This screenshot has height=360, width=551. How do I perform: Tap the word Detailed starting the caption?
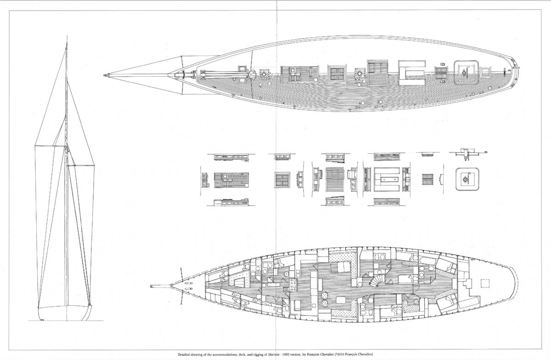[183, 354]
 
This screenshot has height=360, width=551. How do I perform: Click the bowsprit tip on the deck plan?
[104, 75]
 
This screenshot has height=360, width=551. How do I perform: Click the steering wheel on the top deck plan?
[465, 73]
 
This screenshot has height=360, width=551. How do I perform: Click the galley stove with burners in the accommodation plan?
[293, 285]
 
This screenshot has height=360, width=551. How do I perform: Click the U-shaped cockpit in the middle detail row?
[387, 180]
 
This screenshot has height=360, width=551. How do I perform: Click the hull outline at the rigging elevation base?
[65, 313]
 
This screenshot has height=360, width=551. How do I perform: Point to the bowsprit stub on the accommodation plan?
[160, 286]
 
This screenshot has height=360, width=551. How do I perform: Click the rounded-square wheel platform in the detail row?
[467, 179]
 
